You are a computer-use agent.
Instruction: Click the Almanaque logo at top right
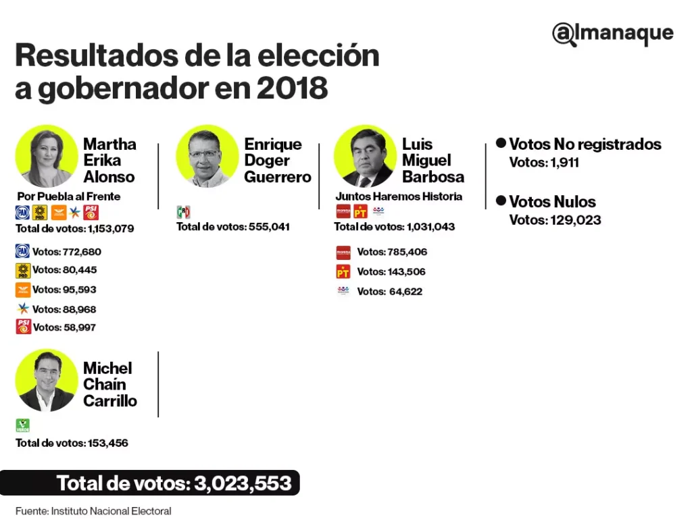(612, 34)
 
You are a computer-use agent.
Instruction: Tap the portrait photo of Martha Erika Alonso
(47, 156)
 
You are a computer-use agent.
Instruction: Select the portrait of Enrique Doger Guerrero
(207, 156)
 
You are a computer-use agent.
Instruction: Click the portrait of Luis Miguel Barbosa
(365, 156)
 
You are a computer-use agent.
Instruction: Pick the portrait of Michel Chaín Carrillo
(47, 380)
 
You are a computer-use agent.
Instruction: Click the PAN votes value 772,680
(81, 252)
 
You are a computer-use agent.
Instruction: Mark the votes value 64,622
(408, 292)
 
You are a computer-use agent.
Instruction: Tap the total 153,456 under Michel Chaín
(107, 444)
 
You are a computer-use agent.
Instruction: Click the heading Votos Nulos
(552, 202)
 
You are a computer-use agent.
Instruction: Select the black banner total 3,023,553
(174, 483)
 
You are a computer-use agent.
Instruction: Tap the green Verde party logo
(22, 425)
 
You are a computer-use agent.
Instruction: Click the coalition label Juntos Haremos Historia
(399, 196)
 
